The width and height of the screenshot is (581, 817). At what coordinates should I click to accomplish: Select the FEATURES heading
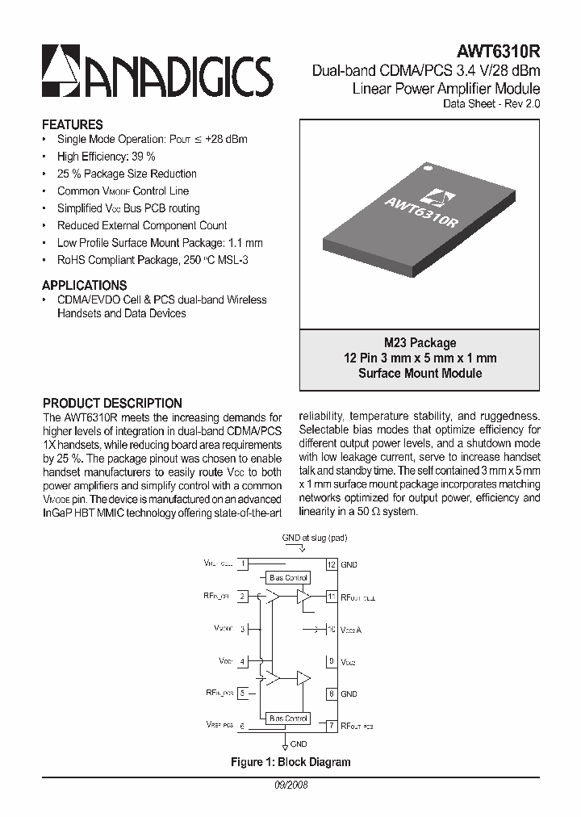coord(72,124)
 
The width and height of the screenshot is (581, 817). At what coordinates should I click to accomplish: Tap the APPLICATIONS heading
coord(84,285)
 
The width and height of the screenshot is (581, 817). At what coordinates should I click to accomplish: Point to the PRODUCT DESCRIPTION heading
coord(112,403)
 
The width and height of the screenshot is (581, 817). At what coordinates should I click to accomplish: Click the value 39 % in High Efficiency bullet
coord(144,157)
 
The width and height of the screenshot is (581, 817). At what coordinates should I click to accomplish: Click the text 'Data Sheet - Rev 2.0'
coord(491,104)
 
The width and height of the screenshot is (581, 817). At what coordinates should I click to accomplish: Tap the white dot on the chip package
coord(428,169)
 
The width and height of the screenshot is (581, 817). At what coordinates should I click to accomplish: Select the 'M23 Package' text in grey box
coord(420,342)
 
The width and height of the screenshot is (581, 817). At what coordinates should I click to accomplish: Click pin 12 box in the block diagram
coord(331,564)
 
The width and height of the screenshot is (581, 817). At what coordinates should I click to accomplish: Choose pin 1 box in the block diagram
coord(243,564)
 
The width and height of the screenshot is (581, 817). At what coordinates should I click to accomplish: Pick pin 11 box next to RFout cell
coord(331,597)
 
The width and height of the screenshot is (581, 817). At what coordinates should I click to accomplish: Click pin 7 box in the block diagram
coord(331,726)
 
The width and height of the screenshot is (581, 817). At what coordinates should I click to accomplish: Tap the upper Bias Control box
coord(287,578)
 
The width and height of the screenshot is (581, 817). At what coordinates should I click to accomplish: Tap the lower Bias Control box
coord(287,718)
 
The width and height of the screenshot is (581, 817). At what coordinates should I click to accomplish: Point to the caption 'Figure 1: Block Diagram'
coord(290,762)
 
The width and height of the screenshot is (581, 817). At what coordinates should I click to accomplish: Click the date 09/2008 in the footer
coord(290,785)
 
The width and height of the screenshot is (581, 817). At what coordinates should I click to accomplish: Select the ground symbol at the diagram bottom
coord(286,737)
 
